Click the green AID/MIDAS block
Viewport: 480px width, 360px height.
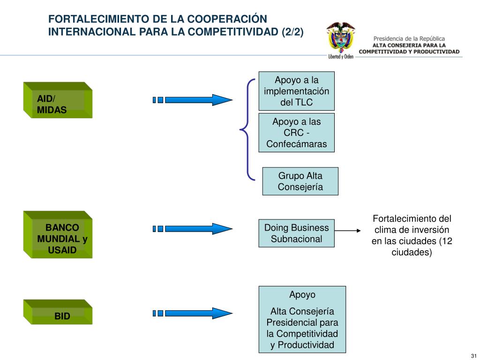click(58, 100)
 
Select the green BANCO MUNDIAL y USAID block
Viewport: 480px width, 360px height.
click(58, 235)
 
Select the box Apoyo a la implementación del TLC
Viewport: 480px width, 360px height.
click(296, 91)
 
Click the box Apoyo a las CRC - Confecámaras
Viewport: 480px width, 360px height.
click(296, 133)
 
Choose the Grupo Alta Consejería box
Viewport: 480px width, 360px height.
click(300, 181)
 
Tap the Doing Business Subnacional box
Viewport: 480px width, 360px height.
click(296, 233)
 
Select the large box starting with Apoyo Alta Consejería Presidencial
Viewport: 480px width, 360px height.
click(302, 320)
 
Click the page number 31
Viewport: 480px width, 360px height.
click(473, 354)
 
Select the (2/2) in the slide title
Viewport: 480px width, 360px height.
click(292, 32)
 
